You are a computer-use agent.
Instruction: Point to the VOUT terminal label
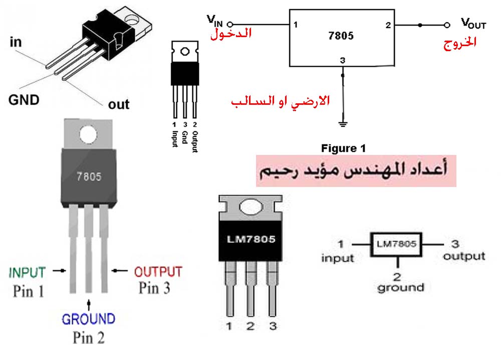point(473,23)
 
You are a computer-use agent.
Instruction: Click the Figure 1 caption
point(343,148)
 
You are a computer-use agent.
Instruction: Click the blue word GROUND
point(88,318)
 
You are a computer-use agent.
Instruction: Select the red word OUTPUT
point(158,272)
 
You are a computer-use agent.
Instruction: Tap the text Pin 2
point(88,337)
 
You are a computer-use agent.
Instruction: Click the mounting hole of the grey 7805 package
point(89,134)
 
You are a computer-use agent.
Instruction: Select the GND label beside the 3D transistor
point(24,100)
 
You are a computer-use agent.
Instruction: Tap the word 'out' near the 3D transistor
point(119,104)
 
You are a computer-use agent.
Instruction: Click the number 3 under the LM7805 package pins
point(273,327)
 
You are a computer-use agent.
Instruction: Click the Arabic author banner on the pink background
point(356,170)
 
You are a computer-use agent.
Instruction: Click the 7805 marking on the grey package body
point(89,177)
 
